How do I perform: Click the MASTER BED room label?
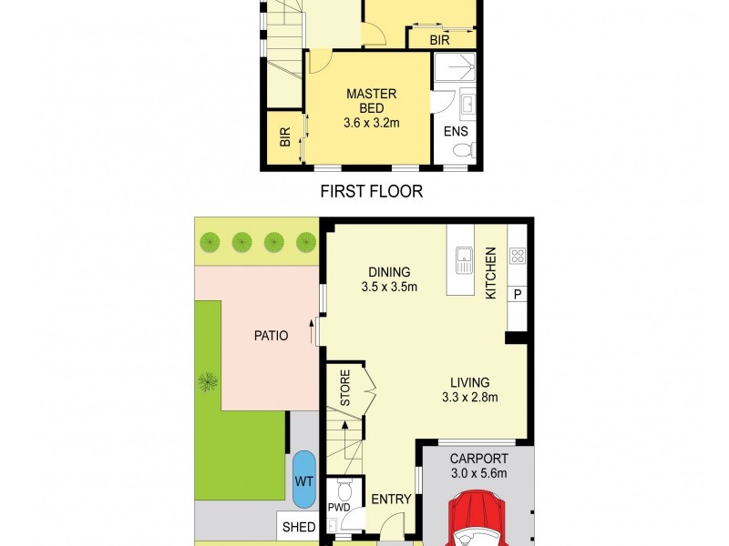[371, 101]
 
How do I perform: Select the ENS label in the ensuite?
[455, 131]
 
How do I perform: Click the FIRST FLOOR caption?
[371, 192]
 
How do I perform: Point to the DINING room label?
[389, 271]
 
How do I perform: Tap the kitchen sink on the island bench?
[464, 260]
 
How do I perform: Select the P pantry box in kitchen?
[518, 294]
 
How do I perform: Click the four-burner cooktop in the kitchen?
[518, 255]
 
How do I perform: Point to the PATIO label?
[271, 336]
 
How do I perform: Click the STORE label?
[345, 388]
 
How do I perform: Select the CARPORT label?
[479, 459]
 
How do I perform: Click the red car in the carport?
[478, 519]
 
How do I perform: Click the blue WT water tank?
[302, 480]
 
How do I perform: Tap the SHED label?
[298, 527]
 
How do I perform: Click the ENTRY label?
[391, 500]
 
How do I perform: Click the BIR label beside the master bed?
[284, 137]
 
